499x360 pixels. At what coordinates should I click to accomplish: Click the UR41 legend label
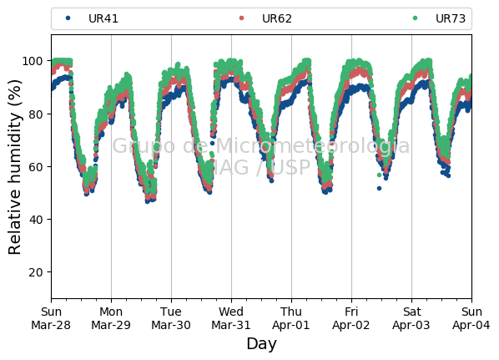pyautogui.click(x=103, y=18)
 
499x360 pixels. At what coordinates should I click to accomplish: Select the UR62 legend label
pyautogui.click(x=277, y=18)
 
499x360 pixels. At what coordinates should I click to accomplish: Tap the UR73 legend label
pyautogui.click(x=451, y=18)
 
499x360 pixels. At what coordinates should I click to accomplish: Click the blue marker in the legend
pyautogui.click(x=68, y=18)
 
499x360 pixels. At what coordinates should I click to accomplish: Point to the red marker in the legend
pyautogui.click(x=241, y=18)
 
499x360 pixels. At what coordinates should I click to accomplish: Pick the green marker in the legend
pyautogui.click(x=415, y=18)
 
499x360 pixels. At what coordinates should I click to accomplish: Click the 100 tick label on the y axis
pyautogui.click(x=33, y=61)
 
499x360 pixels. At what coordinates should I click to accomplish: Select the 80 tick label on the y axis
pyautogui.click(x=36, y=114)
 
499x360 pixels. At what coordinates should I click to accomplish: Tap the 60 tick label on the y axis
pyautogui.click(x=36, y=167)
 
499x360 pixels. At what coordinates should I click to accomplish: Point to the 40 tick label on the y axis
pyautogui.click(x=36, y=220)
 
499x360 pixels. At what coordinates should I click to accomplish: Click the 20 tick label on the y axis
pyautogui.click(x=36, y=272)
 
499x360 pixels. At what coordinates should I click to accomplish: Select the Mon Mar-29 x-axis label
pyautogui.click(x=111, y=318)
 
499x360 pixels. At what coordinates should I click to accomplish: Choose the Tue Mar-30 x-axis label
pyautogui.click(x=171, y=318)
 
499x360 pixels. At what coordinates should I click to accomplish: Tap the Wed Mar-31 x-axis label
pyautogui.click(x=231, y=318)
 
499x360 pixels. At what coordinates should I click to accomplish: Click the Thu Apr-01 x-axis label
pyautogui.click(x=291, y=318)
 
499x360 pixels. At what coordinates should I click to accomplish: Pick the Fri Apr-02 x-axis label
pyautogui.click(x=351, y=318)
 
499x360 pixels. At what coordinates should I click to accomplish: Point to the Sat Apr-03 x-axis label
pyautogui.click(x=411, y=318)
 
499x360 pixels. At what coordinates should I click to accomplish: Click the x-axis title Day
pyautogui.click(x=261, y=344)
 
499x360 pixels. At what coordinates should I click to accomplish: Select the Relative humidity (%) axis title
pyautogui.click(x=15, y=167)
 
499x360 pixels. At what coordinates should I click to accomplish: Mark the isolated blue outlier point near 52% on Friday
pyautogui.click(x=379, y=189)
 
